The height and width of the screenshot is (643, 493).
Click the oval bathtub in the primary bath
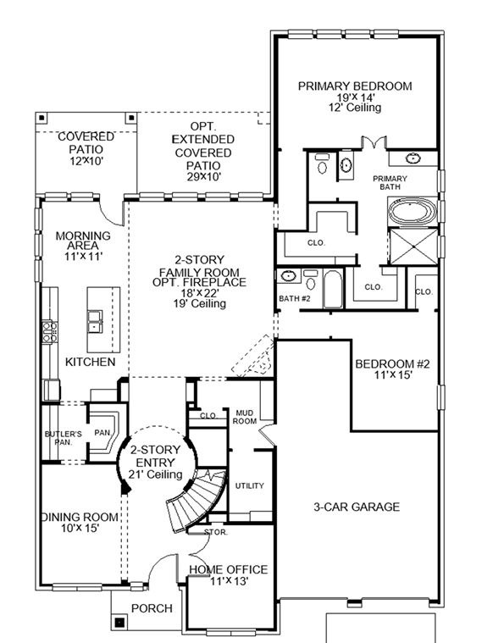[x=413, y=212]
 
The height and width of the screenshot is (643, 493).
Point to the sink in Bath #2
[x=289, y=276]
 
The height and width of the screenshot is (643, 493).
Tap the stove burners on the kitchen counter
[x=49, y=330]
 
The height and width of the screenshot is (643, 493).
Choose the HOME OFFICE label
[x=228, y=569]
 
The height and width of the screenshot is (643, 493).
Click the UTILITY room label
[x=250, y=486]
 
